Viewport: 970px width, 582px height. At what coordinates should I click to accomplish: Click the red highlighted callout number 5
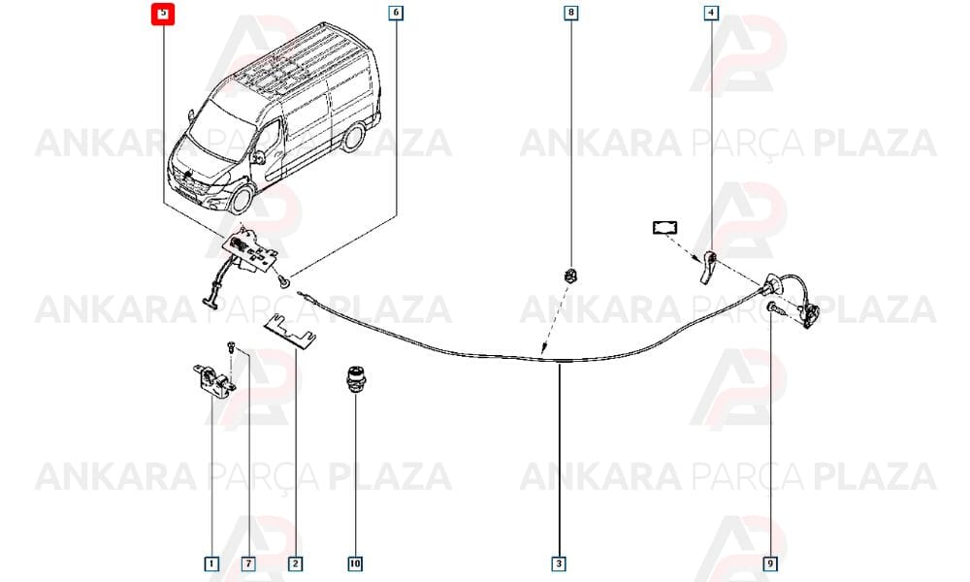163,14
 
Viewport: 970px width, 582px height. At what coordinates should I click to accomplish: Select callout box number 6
396,13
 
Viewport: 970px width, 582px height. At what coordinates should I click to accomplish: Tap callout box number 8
571,13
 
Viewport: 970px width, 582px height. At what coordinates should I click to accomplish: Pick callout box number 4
711,13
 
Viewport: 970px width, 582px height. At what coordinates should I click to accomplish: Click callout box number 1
211,564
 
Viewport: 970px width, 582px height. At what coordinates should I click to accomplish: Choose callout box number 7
248,564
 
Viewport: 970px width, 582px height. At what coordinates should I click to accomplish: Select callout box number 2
295,564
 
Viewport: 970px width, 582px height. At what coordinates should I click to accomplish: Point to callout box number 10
354,564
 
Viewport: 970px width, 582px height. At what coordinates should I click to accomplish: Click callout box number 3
559,564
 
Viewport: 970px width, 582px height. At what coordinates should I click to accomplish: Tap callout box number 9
770,564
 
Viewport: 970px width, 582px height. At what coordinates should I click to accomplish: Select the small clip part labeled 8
569,275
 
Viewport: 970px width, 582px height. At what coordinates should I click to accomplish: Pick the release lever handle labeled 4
708,268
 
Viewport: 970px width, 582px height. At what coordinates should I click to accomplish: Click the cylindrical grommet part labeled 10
354,378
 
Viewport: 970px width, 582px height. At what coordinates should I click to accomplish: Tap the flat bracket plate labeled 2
290,332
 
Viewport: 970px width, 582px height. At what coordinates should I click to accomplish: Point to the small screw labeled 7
231,345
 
